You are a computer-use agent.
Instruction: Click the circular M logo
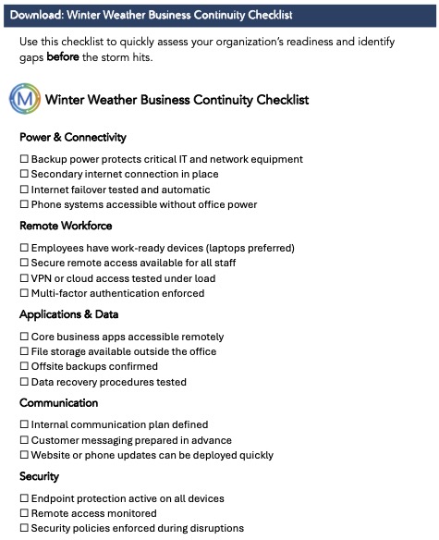25,98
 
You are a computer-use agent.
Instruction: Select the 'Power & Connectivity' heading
72,137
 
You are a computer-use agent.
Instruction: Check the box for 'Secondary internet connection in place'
24,174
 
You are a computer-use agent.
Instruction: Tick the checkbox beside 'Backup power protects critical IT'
24,159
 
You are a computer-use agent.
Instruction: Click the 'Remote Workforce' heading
66,226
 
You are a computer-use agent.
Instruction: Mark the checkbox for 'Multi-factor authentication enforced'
24,293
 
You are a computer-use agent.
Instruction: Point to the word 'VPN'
43,278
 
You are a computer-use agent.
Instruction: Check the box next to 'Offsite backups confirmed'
24,367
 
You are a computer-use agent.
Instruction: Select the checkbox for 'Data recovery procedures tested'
24,382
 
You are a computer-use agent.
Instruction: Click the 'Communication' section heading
58,403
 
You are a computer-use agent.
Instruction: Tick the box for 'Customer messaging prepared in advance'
24,440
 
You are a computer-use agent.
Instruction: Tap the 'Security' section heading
39,476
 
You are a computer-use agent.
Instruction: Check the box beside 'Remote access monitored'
24,513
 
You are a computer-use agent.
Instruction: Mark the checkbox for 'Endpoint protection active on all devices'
24,498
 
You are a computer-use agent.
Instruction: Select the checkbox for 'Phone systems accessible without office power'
24,204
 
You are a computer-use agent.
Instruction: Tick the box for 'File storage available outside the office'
24,351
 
